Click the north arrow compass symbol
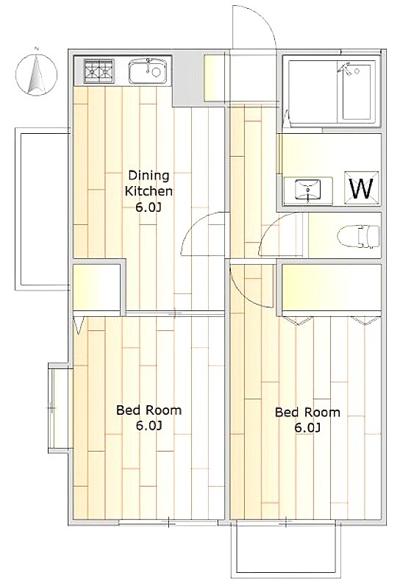(x=36, y=74)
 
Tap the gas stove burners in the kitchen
(x=99, y=71)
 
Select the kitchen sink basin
(x=146, y=71)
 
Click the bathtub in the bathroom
(x=357, y=92)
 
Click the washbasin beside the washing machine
(x=308, y=190)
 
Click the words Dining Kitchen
(x=149, y=183)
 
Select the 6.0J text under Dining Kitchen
(x=149, y=207)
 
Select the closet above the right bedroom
(x=332, y=288)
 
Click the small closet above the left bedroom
(x=96, y=286)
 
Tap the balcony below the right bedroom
(x=285, y=549)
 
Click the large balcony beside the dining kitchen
(x=42, y=209)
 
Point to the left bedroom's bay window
(x=59, y=407)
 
